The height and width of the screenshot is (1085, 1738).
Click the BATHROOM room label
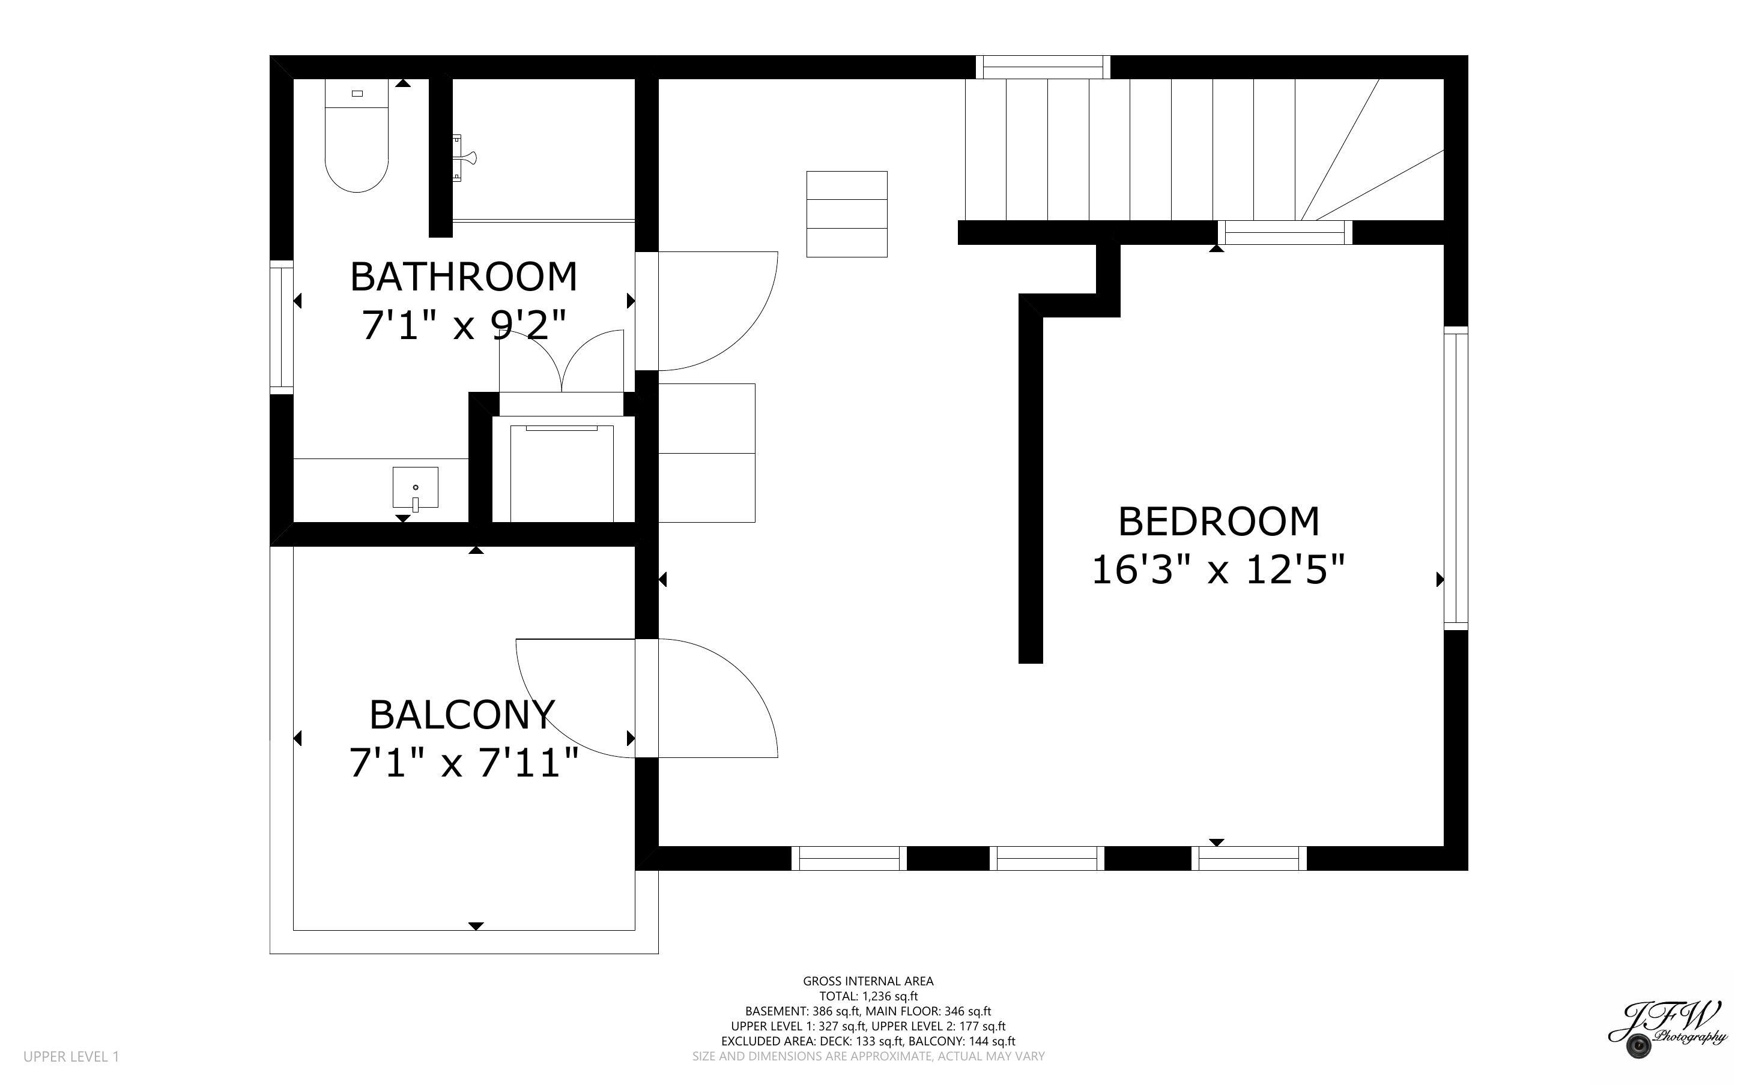coord(463,277)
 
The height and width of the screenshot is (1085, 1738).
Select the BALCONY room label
coord(462,714)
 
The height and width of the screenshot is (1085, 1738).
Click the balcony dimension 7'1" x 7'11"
coord(463,762)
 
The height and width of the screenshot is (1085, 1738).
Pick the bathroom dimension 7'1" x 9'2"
coord(464,326)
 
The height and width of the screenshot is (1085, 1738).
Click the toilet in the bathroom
coord(357,136)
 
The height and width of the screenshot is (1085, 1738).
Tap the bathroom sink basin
coord(415,487)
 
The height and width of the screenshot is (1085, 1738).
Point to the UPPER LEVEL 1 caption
coord(71,1056)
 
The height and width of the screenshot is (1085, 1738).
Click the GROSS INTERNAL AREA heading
coord(868,981)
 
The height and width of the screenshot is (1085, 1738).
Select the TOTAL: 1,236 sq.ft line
coord(868,996)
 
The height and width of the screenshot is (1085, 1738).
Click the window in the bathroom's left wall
coord(282,327)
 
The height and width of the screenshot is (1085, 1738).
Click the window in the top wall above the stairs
coord(1043,67)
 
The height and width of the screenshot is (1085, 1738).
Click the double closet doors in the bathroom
coord(562,361)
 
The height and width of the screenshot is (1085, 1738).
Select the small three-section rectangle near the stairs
coord(847,214)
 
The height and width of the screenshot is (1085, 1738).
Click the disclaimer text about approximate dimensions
coord(868,1056)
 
